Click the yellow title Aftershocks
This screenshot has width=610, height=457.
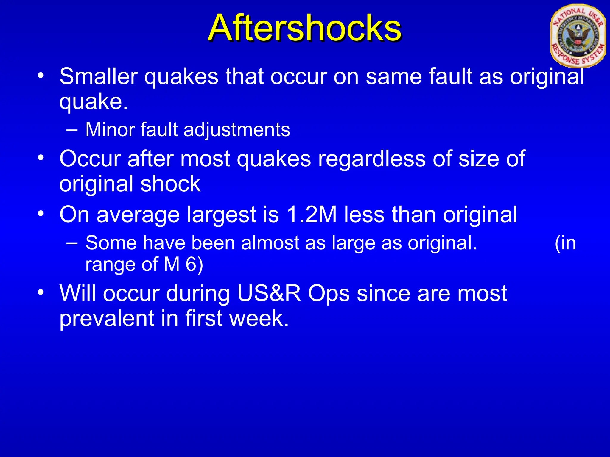[x=305, y=28]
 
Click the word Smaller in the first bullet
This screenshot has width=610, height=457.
[x=98, y=76]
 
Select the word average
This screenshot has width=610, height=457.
[x=138, y=215]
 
